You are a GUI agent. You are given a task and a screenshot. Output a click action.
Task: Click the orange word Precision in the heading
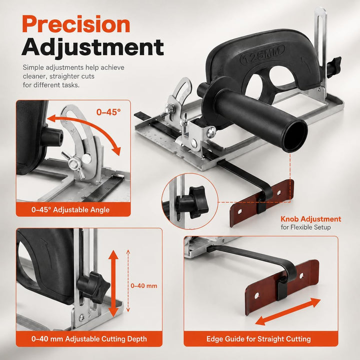coord(76,24)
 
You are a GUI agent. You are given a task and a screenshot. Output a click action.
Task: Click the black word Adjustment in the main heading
coord(93,47)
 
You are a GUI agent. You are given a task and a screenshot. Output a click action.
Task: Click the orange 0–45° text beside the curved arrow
coord(108,112)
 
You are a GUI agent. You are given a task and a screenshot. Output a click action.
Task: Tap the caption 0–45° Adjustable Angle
coord(70,209)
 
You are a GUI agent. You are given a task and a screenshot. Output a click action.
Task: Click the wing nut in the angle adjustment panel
coord(73,163)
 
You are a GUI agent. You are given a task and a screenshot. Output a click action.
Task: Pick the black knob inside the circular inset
coord(192,202)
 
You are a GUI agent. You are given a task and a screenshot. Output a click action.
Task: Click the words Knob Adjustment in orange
coord(311,219)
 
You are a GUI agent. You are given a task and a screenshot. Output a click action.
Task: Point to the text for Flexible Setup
coord(305,227)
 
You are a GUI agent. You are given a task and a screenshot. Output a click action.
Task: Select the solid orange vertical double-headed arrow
coord(113,283)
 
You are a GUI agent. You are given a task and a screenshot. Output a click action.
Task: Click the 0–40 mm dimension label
coord(144,286)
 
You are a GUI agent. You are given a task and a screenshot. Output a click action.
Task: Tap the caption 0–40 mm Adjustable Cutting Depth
coord(89,339)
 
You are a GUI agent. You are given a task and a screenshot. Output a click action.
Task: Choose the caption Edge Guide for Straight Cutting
coord(258,339)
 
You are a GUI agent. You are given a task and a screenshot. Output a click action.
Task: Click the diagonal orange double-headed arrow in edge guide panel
coord(287,311)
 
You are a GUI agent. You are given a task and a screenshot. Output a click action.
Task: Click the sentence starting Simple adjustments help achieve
coord(73,76)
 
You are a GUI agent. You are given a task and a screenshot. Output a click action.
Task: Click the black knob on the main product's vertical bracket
coord(333,64)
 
